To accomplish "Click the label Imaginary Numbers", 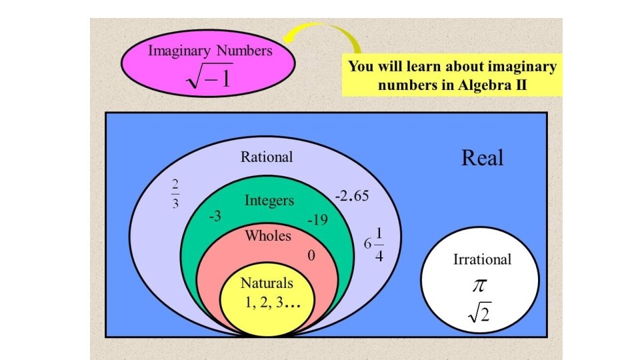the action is [x=210, y=50].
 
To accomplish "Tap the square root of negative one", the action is [x=209, y=78].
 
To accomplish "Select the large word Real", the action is [x=482, y=158].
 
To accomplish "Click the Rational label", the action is [x=267, y=157].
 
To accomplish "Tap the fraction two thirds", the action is [x=175, y=194].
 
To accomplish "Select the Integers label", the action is [x=269, y=200].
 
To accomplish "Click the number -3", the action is [x=215, y=217].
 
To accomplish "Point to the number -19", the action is [x=317, y=219].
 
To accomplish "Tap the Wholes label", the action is [x=267, y=235].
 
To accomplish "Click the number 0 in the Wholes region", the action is [x=311, y=256].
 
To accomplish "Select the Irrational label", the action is [x=482, y=259].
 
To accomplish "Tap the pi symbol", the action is [x=480, y=285].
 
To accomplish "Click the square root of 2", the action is [x=480, y=312].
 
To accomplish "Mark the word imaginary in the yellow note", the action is [x=522, y=67].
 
